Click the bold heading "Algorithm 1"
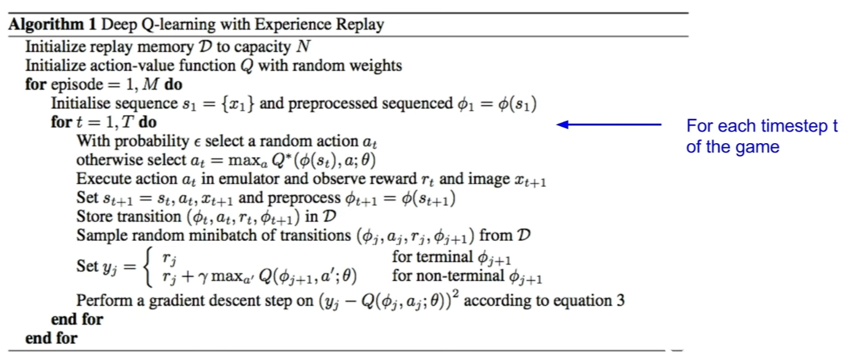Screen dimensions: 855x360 coord(53,25)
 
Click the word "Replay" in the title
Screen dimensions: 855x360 coord(360,25)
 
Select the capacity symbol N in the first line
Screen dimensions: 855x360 coord(303,47)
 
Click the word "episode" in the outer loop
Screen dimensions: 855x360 coord(76,85)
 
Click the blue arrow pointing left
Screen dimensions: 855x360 coord(609,125)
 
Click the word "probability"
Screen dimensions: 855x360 coord(152,142)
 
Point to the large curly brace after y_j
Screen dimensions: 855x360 coord(149,267)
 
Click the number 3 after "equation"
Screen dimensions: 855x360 coord(620,301)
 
